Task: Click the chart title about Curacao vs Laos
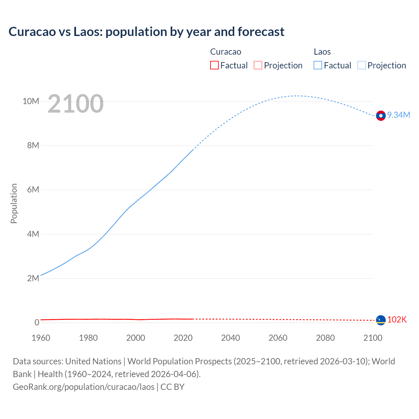[146, 32]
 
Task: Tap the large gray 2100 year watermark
[76, 104]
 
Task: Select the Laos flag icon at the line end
[381, 116]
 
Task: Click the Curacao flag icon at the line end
[381, 320]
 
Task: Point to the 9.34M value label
[399, 115]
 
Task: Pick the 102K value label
[397, 320]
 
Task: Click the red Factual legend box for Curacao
[214, 65]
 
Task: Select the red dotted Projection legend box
[258, 65]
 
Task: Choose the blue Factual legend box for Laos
[318, 65]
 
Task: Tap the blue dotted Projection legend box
[362, 65]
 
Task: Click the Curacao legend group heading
[226, 52]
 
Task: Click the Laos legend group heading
[322, 52]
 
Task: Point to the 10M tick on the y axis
[31, 101]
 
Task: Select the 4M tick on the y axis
[33, 234]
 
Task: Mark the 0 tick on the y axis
[37, 323]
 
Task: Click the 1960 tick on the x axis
[41, 338]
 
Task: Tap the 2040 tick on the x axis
[230, 338]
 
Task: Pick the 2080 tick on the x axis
[325, 338]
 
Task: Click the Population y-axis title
[14, 203]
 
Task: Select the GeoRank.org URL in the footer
[83, 387]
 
